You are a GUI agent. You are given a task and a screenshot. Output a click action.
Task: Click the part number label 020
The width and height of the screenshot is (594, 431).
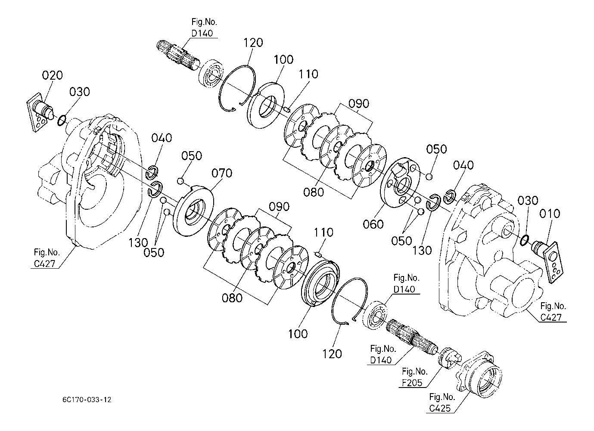click(x=52, y=75)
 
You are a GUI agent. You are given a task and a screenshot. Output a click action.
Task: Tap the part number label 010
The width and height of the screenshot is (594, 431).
click(x=550, y=214)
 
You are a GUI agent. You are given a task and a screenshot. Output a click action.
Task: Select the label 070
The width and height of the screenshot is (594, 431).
click(x=222, y=173)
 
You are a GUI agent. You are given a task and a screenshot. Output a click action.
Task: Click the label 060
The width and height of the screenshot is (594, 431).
click(x=373, y=224)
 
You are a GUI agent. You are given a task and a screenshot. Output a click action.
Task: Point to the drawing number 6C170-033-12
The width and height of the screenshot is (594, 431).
click(x=87, y=400)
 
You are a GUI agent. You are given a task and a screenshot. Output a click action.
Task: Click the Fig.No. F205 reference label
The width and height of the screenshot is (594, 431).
click(x=414, y=377)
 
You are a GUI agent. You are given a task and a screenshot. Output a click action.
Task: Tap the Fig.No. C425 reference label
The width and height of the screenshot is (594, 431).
click(x=442, y=403)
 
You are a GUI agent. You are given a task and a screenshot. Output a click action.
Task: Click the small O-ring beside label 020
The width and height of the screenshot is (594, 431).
click(x=62, y=121)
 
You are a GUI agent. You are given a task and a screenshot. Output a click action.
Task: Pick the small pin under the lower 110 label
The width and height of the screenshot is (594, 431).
click(x=319, y=254)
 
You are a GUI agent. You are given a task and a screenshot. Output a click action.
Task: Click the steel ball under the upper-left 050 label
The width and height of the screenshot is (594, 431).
click(x=180, y=181)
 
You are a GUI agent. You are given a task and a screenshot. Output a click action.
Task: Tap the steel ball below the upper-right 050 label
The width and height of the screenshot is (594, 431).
click(x=429, y=176)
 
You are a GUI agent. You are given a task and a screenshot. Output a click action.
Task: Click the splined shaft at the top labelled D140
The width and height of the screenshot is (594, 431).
click(x=178, y=56)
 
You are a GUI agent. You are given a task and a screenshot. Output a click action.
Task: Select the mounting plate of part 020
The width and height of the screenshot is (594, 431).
click(x=37, y=113)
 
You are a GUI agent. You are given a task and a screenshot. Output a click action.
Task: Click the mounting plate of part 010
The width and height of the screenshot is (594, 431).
click(x=553, y=263)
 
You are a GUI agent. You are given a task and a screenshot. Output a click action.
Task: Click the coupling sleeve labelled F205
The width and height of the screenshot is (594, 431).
click(x=449, y=358)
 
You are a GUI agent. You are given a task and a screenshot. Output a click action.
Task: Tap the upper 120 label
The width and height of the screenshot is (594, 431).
click(x=253, y=42)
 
